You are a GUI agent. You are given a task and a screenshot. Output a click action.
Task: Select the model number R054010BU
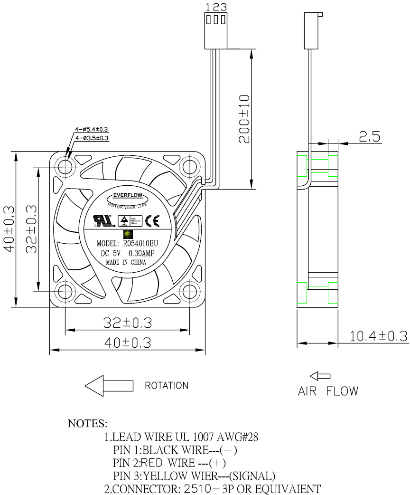[140, 244]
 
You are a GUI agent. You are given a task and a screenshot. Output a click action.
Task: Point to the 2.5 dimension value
[370, 137]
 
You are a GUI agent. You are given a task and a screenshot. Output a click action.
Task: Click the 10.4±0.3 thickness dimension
[379, 336]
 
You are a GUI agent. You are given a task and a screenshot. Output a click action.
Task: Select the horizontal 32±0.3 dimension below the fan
[128, 323]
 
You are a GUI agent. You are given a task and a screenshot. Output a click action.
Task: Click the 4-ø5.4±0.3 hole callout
[92, 129]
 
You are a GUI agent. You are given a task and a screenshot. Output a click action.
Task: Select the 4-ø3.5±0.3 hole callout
[93, 138]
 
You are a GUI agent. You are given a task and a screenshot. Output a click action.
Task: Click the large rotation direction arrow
[109, 385]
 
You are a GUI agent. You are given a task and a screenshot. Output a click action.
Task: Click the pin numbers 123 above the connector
[216, 7]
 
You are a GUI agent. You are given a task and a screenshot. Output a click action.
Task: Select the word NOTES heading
[88, 423]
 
